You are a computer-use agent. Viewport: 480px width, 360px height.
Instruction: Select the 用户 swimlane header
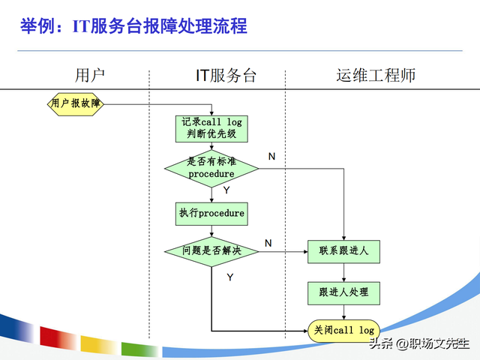pyautogui.click(x=90, y=75)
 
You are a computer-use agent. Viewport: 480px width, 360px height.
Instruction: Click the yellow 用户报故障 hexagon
pyautogui.click(x=76, y=104)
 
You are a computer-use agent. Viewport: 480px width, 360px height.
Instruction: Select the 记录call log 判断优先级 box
pyautogui.click(x=211, y=128)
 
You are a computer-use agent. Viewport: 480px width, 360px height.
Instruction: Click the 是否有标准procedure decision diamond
pyautogui.click(x=211, y=167)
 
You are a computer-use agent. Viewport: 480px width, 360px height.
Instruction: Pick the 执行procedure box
pyautogui.click(x=211, y=213)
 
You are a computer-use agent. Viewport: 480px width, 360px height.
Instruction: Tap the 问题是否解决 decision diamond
pyautogui.click(x=211, y=250)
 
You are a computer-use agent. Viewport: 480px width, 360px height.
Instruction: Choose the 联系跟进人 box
pyautogui.click(x=343, y=250)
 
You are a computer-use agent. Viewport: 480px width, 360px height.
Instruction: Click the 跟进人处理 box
pyautogui.click(x=343, y=292)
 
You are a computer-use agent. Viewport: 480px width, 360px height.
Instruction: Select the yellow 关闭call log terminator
pyautogui.click(x=343, y=330)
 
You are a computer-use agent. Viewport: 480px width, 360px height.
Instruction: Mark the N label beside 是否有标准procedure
pyautogui.click(x=271, y=156)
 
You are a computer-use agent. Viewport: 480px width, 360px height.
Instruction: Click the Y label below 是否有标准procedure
pyautogui.click(x=226, y=190)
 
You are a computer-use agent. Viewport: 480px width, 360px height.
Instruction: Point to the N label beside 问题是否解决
pyautogui.click(x=268, y=243)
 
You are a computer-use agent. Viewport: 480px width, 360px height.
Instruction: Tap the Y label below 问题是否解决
pyautogui.click(x=230, y=277)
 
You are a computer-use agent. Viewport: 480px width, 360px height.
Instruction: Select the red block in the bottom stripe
pyautogui.click(x=58, y=341)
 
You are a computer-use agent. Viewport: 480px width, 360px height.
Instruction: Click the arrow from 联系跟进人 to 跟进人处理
pyautogui.click(x=343, y=271)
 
